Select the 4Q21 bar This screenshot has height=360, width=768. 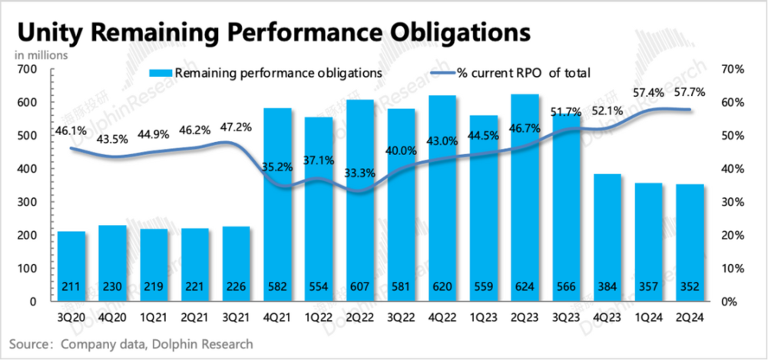tap(278, 204)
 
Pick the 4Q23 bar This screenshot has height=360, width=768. tap(607, 237)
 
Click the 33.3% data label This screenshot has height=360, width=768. tap(360, 173)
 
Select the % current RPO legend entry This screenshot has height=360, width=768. tap(523, 73)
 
